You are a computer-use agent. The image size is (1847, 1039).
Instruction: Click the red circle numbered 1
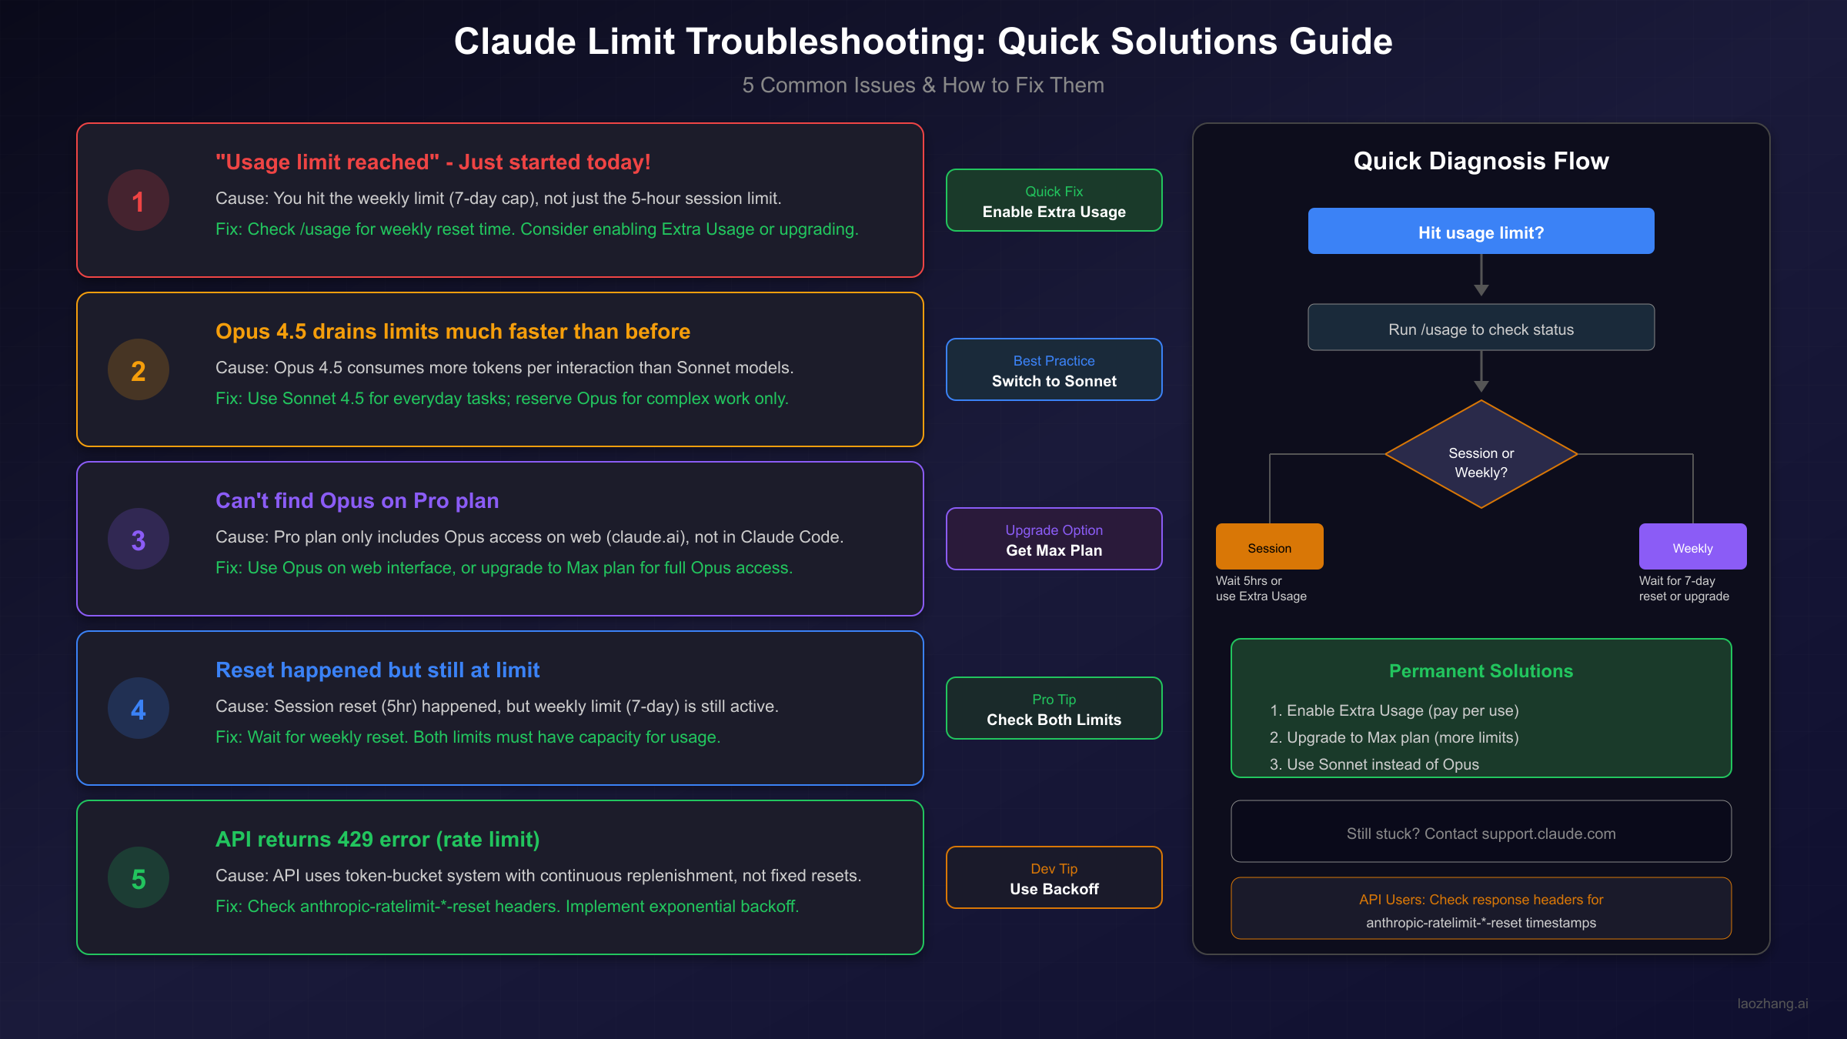(139, 200)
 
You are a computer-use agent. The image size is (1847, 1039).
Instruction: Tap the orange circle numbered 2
(139, 369)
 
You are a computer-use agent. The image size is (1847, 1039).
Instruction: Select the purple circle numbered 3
(139, 539)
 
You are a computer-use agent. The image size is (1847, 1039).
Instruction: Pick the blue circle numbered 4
(139, 708)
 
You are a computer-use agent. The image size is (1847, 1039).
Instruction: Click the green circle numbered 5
(139, 877)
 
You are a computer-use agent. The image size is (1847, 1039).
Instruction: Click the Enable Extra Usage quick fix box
(1054, 200)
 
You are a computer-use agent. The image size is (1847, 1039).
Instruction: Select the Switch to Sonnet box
(1054, 369)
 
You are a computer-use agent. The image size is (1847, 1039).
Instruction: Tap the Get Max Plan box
(1054, 539)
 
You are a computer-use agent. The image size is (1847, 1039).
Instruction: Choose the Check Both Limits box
(1054, 708)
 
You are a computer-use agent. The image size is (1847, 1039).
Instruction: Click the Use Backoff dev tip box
(1054, 877)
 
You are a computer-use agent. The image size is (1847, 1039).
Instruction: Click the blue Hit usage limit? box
(1481, 231)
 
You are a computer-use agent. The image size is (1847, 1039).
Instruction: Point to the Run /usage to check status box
(1481, 328)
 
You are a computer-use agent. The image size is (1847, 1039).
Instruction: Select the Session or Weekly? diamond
(1481, 455)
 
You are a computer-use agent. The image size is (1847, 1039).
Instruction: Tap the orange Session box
(1269, 546)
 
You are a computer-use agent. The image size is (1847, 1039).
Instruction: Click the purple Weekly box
(1692, 546)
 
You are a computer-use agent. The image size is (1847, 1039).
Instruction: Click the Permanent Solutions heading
(1481, 671)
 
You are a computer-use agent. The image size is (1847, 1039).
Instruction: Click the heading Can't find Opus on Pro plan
(357, 500)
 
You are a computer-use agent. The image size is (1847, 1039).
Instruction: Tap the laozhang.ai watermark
(1772, 1004)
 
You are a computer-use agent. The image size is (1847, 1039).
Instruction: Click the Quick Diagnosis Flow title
(1481, 161)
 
